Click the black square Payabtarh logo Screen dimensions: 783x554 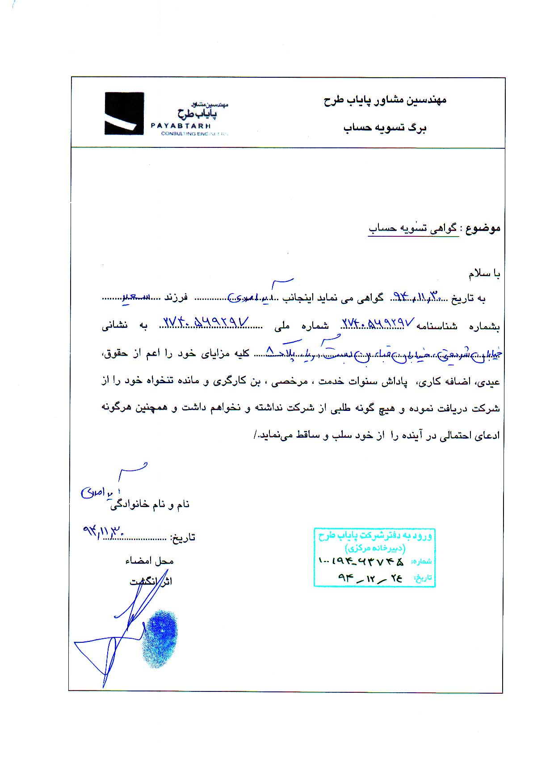tap(124, 113)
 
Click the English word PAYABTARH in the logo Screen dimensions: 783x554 tap(180, 126)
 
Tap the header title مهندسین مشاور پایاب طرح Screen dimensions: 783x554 tap(385, 100)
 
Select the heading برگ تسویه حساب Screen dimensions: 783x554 tap(385, 128)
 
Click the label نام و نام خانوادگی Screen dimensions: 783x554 tap(150, 505)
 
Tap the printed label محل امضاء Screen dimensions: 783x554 tap(149, 561)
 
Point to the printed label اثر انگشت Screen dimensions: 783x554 tap(151, 581)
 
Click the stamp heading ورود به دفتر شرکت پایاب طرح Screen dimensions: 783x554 tap(375, 536)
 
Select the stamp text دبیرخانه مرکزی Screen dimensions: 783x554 tap(374, 548)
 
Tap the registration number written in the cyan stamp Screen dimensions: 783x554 tap(361, 561)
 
